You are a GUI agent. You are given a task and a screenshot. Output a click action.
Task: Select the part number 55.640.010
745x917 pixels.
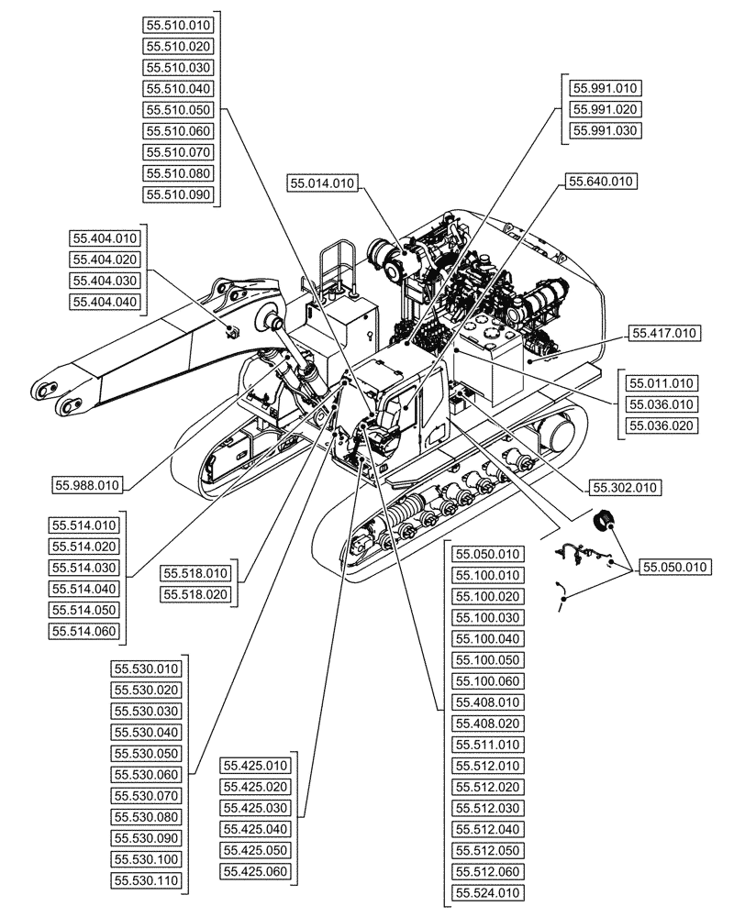point(601,182)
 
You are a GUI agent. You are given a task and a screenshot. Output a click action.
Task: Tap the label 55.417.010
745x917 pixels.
point(664,333)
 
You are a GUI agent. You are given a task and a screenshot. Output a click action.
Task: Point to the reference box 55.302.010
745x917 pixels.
point(628,487)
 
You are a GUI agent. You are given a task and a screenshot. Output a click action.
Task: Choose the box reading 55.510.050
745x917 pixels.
point(179,110)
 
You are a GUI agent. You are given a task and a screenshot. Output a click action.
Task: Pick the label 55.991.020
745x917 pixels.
point(605,110)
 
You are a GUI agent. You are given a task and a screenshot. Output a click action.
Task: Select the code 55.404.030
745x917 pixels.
point(105,281)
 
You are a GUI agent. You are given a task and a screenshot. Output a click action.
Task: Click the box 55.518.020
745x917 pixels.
point(196,595)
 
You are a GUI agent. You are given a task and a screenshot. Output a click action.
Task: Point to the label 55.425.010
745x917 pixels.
point(256,766)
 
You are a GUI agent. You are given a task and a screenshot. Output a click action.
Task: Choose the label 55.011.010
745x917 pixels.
point(661,383)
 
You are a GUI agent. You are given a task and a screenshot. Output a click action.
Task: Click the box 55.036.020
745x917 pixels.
point(661,425)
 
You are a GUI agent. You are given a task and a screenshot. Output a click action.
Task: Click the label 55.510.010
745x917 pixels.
point(179,26)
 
